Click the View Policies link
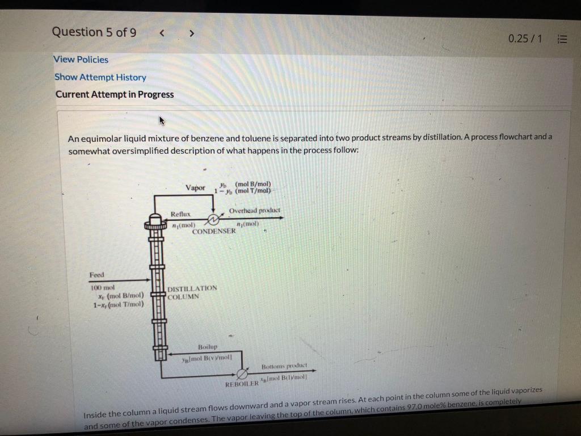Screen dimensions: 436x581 81,60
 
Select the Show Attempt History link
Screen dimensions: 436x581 100,77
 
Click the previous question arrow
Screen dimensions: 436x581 162,33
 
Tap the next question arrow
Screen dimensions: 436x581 192,33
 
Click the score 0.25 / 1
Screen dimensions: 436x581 525,39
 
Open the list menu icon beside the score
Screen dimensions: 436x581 562,39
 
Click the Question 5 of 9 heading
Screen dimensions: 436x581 94,32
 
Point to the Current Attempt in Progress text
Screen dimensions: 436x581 115,95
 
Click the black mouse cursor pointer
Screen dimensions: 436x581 162,121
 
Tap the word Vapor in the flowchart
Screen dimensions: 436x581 195,188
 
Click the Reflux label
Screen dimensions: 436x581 180,215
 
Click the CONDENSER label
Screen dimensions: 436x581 213,231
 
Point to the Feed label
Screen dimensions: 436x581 97,275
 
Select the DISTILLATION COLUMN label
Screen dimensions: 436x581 192,292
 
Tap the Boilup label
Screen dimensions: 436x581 208,347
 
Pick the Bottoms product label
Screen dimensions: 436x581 284,366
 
